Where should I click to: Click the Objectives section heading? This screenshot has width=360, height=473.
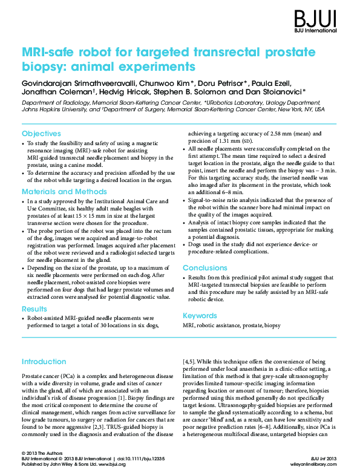(x=41, y=133)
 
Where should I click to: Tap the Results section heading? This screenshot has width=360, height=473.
(x=34, y=308)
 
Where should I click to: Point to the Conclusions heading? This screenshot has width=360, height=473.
(x=205, y=267)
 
